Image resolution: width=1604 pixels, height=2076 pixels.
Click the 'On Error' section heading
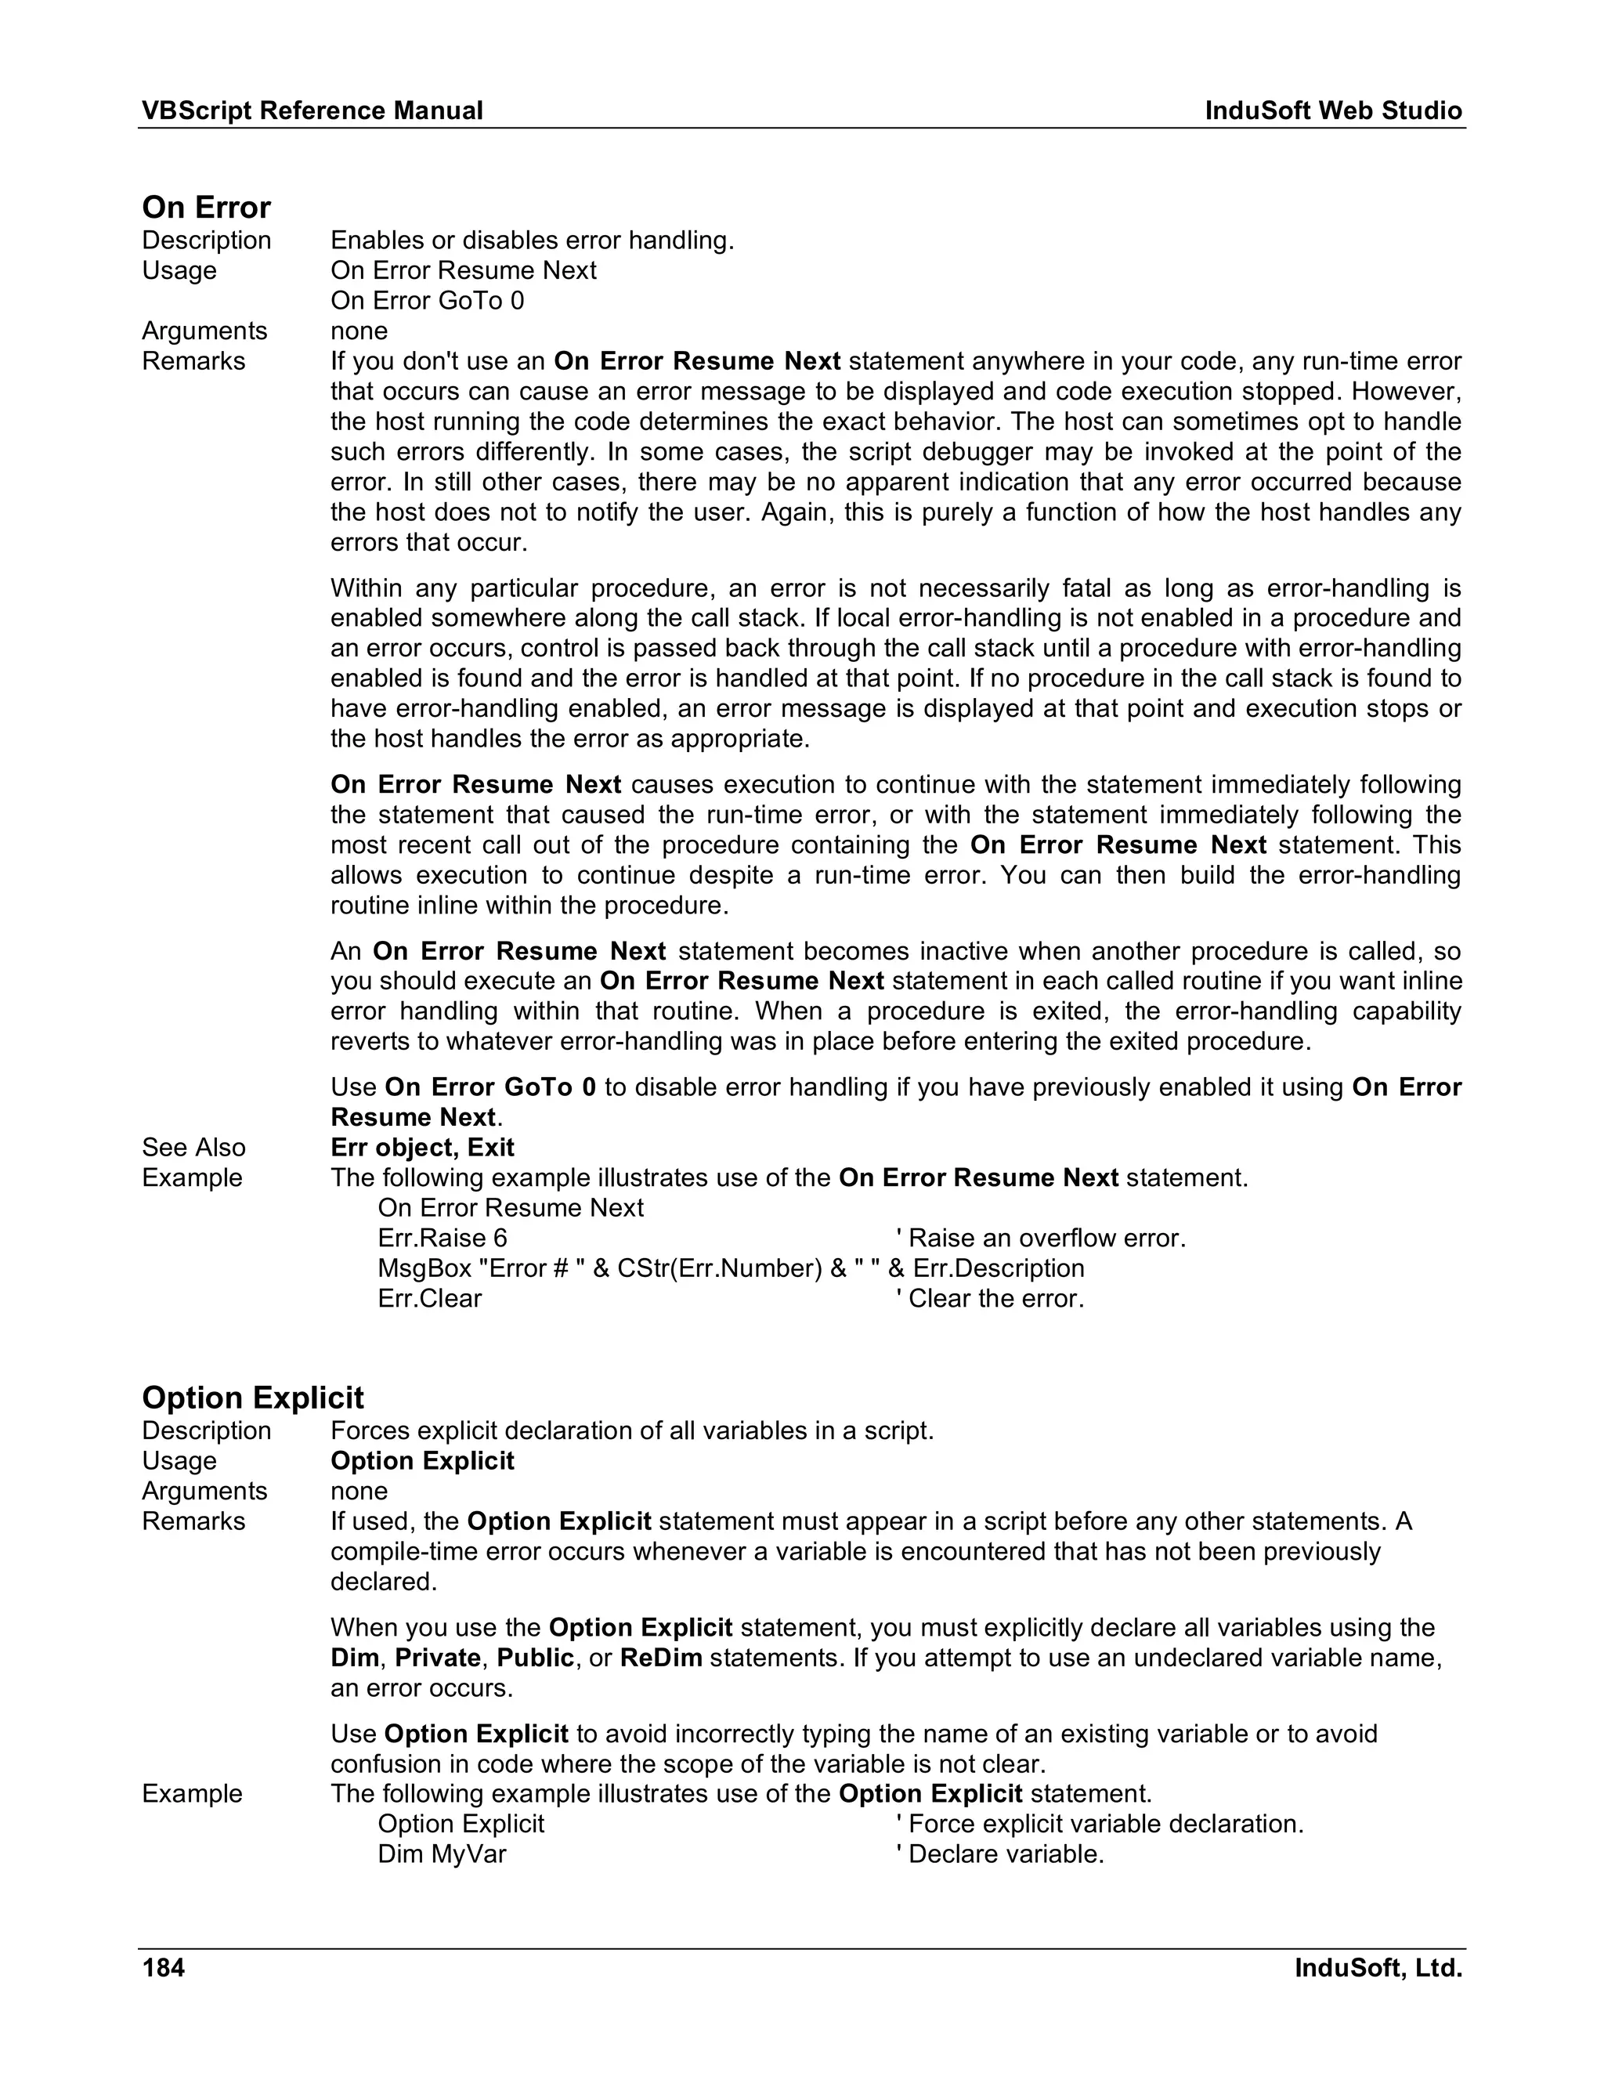click(x=206, y=208)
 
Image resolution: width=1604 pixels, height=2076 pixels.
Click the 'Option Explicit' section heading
click(x=253, y=1398)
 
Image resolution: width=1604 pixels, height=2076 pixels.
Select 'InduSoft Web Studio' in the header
click(x=1333, y=111)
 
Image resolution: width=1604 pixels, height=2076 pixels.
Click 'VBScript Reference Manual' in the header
click(x=312, y=111)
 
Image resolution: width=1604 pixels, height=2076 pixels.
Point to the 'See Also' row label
click(x=194, y=1148)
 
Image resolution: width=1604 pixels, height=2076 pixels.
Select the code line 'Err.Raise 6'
click(x=442, y=1238)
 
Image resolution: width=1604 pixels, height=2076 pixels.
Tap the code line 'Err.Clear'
click(x=429, y=1298)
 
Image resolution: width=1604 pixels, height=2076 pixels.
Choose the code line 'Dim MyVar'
click(x=442, y=1854)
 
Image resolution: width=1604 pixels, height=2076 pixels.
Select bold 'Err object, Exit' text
click(x=422, y=1148)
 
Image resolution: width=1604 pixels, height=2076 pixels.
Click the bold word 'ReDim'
click(x=660, y=1658)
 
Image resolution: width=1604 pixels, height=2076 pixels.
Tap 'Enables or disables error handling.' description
click(x=532, y=241)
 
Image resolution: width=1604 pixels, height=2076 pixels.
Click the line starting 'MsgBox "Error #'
click(x=730, y=1268)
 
